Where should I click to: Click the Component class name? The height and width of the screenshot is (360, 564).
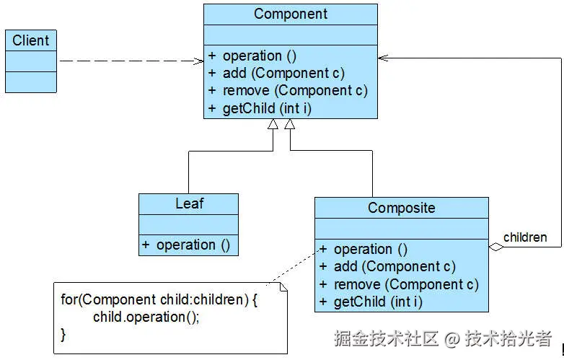[x=290, y=14]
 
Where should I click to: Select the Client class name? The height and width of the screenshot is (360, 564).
[x=30, y=40]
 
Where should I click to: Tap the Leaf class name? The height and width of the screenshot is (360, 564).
[x=188, y=204]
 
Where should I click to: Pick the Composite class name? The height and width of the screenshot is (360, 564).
[x=401, y=208]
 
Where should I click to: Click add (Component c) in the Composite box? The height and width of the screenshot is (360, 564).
[x=394, y=266]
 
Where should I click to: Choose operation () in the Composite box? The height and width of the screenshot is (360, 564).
[x=370, y=249]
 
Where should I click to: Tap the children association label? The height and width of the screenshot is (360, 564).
[x=524, y=237]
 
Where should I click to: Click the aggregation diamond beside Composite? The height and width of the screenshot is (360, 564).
[x=495, y=247]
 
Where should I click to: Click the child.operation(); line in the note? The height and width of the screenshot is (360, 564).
[x=145, y=317]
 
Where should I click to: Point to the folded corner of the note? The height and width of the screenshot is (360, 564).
[x=282, y=287]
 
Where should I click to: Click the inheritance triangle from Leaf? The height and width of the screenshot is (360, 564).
[x=273, y=125]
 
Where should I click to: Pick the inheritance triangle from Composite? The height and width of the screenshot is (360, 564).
[x=290, y=125]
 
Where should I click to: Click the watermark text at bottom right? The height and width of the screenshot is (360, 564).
[x=443, y=338]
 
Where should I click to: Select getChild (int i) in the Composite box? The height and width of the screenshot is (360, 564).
[x=378, y=302]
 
